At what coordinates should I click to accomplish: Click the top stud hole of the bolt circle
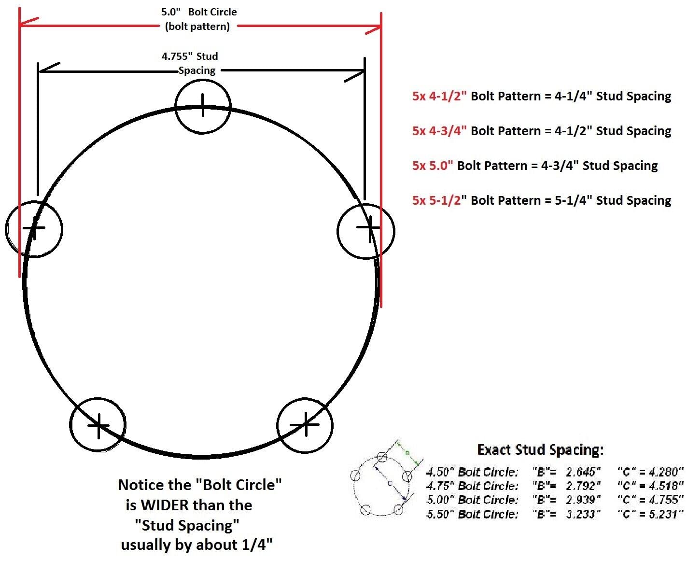coord(203,106)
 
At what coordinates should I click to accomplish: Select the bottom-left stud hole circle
coord(98,425)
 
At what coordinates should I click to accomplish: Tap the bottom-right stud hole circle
coord(305,425)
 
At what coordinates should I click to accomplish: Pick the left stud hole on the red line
coord(34,229)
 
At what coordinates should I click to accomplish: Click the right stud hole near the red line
coord(366,231)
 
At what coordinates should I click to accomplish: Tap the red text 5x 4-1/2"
coord(439,96)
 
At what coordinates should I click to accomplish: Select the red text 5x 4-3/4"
coord(439,131)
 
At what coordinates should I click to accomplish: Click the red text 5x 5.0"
coord(433,166)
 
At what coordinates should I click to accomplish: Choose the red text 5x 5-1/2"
coord(439,200)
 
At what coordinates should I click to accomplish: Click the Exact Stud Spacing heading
coord(540,450)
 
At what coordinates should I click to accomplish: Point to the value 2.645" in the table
coord(583,471)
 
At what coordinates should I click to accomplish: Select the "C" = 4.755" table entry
coord(650,500)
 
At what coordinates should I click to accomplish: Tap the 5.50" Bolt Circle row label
coord(472,514)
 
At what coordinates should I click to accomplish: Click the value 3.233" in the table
coord(583,514)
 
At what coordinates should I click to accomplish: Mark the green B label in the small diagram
coord(407,453)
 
